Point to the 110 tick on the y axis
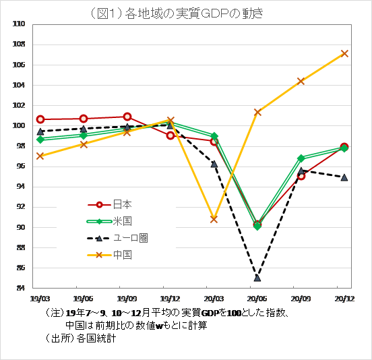tap(18, 24)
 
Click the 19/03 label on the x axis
tap(40, 297)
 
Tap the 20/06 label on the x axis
tap(257, 297)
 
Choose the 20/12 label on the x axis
tap(344, 297)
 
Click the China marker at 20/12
tap(344, 53)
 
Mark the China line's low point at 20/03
tap(214, 219)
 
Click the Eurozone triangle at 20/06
tap(257, 278)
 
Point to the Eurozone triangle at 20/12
tap(344, 177)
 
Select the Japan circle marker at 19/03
tap(40, 119)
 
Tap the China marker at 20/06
tap(257, 112)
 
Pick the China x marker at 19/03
tap(40, 156)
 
